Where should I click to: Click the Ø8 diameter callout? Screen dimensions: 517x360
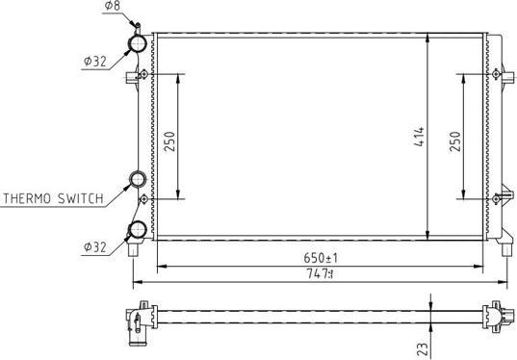click(x=113, y=6)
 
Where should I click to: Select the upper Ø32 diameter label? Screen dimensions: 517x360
click(x=95, y=62)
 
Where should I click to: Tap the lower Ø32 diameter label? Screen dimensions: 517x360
click(x=95, y=247)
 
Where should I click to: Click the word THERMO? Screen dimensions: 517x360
click(x=27, y=199)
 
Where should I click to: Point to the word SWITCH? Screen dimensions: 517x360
click(x=81, y=199)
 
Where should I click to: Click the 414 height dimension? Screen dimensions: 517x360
click(x=420, y=137)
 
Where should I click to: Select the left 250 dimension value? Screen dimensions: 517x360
click(x=169, y=141)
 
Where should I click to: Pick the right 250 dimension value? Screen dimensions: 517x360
click(x=455, y=141)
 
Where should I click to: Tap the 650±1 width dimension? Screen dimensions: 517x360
click(x=321, y=258)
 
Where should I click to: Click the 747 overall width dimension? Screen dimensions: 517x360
click(x=321, y=273)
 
